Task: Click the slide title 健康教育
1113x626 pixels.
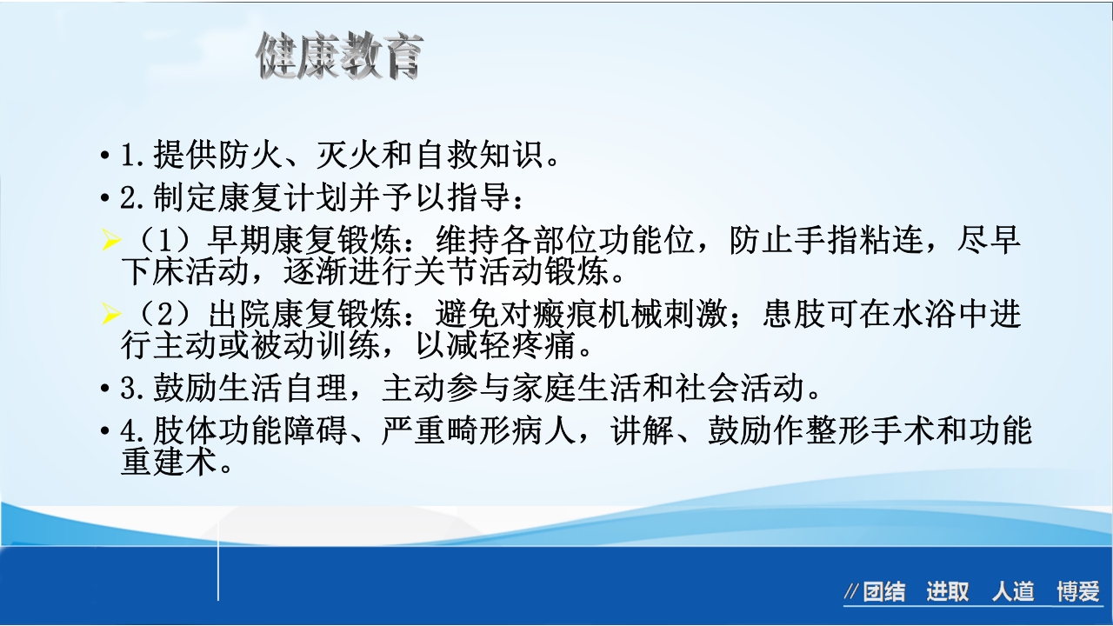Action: click(339, 57)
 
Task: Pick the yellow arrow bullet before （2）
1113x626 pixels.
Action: click(110, 314)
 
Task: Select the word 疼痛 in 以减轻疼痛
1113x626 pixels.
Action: click(548, 345)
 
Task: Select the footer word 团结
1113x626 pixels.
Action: click(884, 593)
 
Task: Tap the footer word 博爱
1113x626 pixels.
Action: click(1078, 593)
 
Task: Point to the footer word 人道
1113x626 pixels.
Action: click(1013, 593)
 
